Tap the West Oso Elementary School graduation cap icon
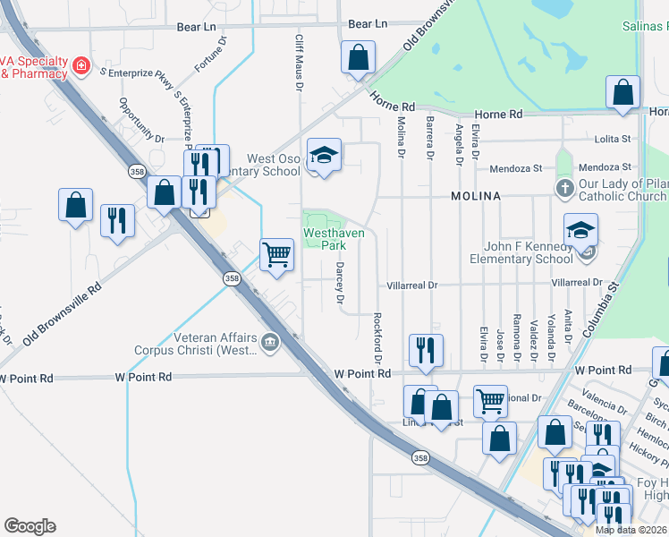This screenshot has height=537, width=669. click(325, 155)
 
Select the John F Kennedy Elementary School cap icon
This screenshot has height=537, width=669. click(580, 230)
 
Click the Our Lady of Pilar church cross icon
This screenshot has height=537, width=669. click(564, 188)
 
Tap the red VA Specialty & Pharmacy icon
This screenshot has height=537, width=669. click(81, 65)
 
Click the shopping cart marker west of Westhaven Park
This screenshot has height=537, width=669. click(277, 254)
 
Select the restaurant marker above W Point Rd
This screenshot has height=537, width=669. click(425, 350)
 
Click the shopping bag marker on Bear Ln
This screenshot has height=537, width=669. click(358, 57)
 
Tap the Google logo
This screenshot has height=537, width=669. click(30, 526)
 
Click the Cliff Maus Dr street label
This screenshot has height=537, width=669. click(300, 63)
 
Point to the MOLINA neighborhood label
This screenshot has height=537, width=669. click(476, 195)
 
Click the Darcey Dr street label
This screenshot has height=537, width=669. click(340, 284)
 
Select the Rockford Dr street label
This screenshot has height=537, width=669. click(378, 337)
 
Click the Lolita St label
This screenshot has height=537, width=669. click(613, 140)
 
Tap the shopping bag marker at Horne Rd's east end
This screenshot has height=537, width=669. click(622, 91)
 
